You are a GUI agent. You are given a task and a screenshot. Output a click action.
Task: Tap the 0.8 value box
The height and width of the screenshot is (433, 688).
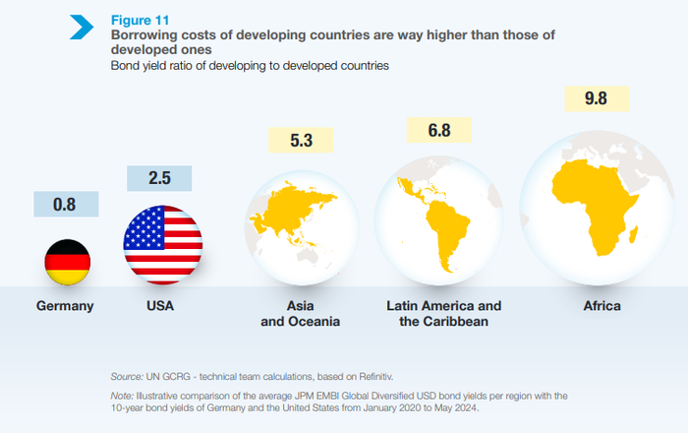pyautogui.click(x=66, y=205)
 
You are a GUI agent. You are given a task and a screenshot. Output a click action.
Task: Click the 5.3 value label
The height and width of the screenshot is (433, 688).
pyautogui.click(x=301, y=141)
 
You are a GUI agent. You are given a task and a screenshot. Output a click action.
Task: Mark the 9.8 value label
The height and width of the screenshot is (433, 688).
pyautogui.click(x=595, y=100)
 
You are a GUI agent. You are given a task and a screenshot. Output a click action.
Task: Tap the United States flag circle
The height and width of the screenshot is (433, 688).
pyautogui.click(x=162, y=244)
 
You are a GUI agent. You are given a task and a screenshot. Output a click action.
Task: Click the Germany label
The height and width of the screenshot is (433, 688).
pyautogui.click(x=65, y=306)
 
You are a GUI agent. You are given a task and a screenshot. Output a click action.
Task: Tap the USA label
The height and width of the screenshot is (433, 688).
pyautogui.click(x=159, y=306)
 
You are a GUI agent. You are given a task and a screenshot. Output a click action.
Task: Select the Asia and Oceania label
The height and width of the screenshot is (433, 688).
pyautogui.click(x=301, y=314)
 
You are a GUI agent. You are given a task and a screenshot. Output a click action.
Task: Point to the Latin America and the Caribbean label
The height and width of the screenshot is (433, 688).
pyautogui.click(x=444, y=314)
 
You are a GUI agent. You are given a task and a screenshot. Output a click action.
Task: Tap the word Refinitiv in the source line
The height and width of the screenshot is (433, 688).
pyautogui.click(x=369, y=376)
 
